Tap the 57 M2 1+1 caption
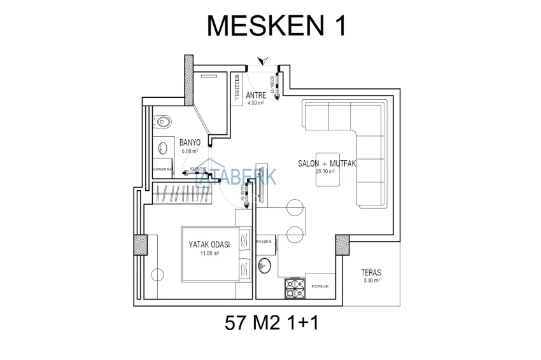[x=271, y=324]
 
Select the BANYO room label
[x=190, y=142]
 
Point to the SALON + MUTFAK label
[x=327, y=163]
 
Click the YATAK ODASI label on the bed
[x=209, y=244]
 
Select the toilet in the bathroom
[x=164, y=120]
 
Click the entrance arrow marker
[x=261, y=61]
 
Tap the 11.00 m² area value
[x=209, y=253]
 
